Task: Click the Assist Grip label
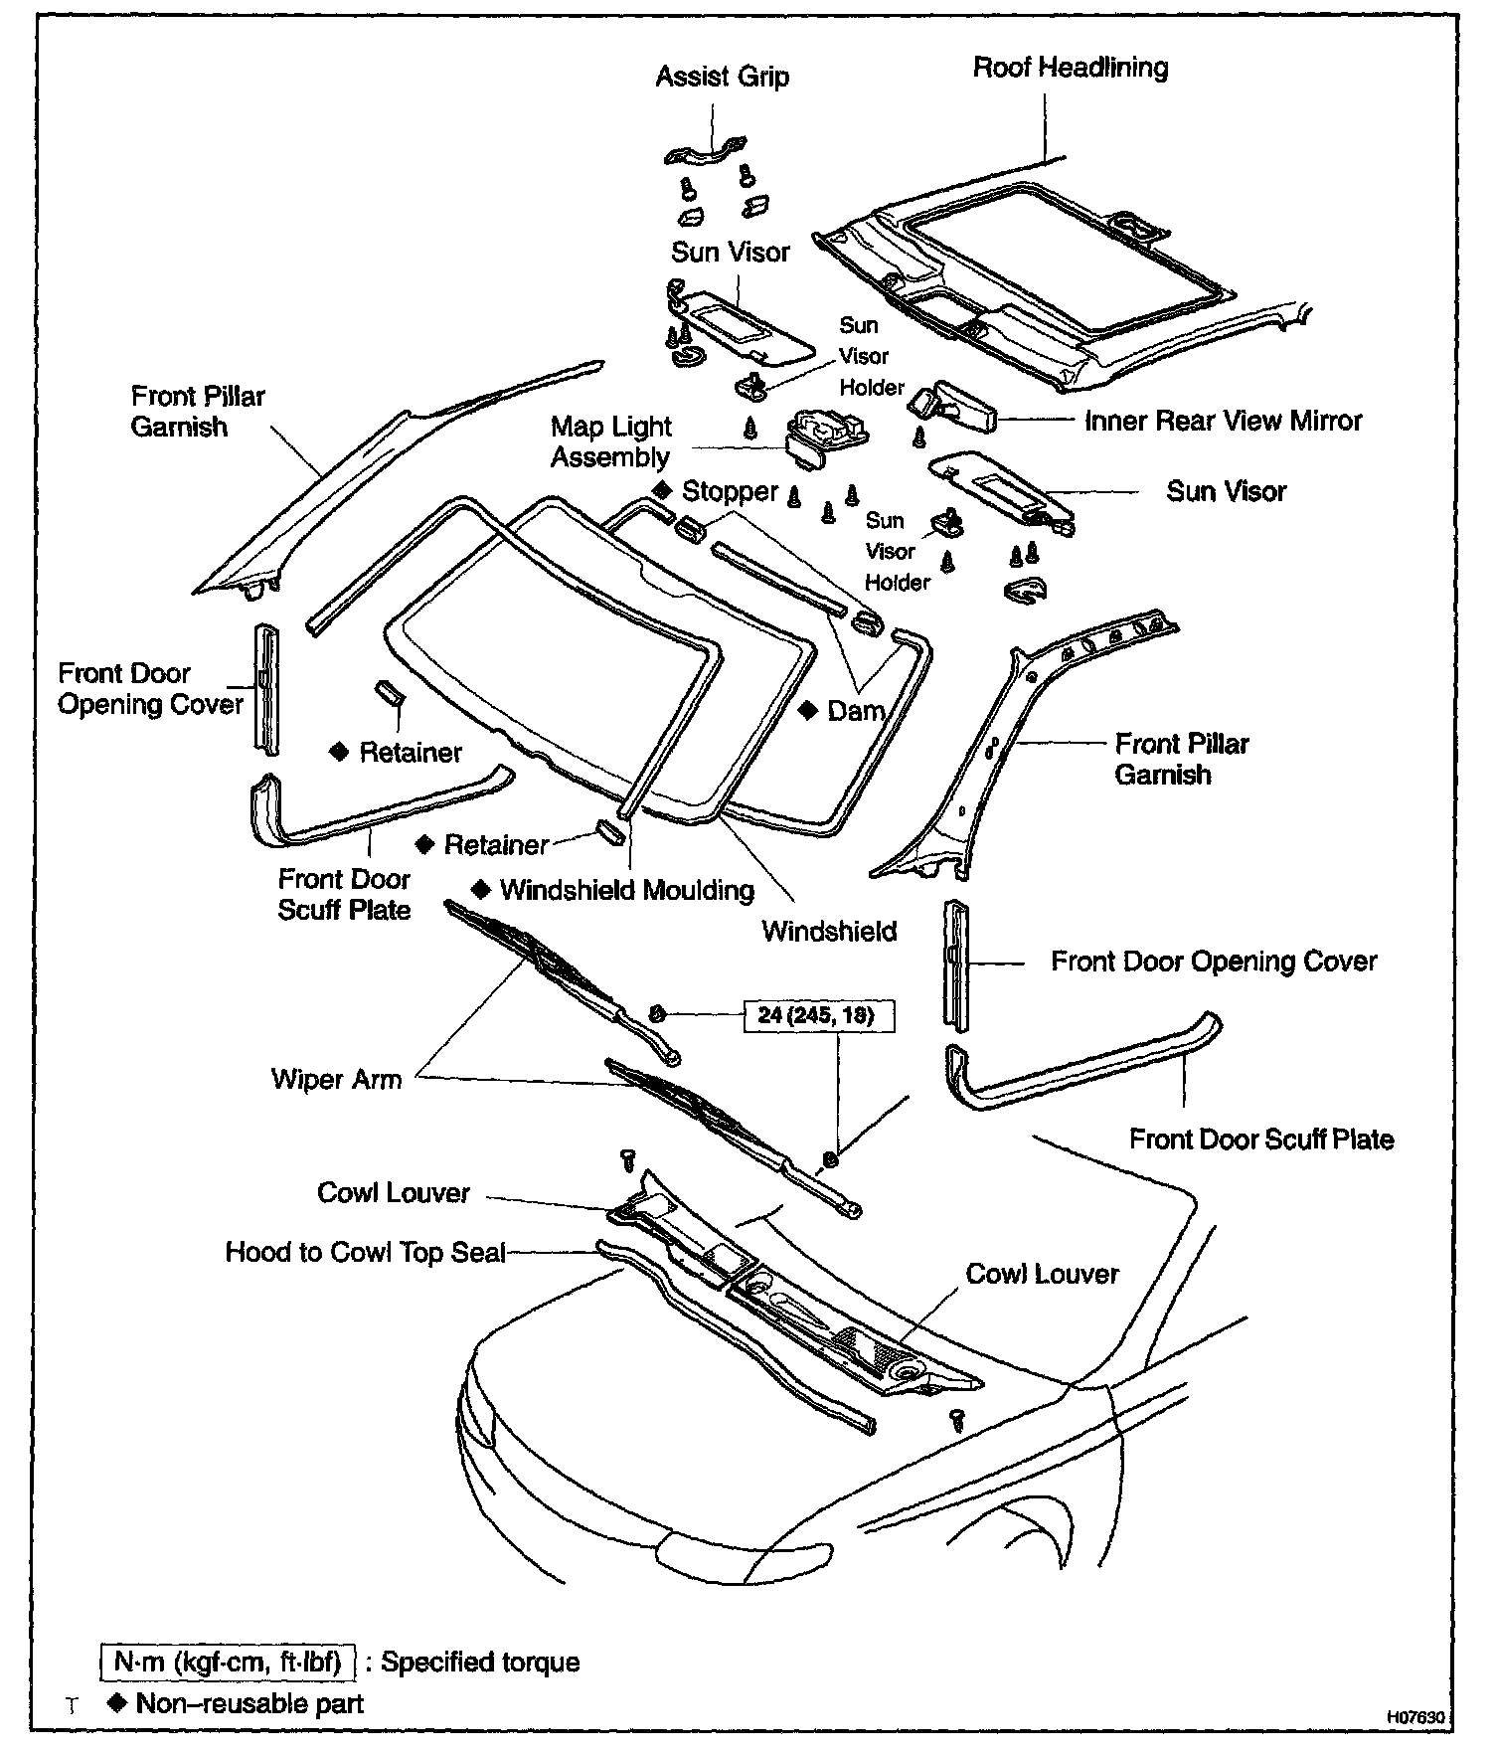pos(722,78)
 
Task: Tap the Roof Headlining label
pos(1070,69)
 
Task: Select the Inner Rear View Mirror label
pos(1223,422)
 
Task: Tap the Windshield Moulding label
pos(627,890)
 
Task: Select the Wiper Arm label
pos(336,1080)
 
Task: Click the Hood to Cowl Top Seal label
pos(366,1252)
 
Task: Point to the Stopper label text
pos(730,492)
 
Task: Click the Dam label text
pos(855,711)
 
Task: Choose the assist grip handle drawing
pos(705,151)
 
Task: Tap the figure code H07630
pos(1415,1717)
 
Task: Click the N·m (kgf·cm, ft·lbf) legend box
pos(228,1662)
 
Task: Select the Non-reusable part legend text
pos(249,1704)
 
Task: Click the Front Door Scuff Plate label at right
pos(1261,1140)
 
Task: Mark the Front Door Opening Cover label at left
pos(150,689)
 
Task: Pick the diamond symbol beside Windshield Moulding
pos(481,889)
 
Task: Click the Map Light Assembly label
pos(611,441)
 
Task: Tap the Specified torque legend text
pos(480,1663)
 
